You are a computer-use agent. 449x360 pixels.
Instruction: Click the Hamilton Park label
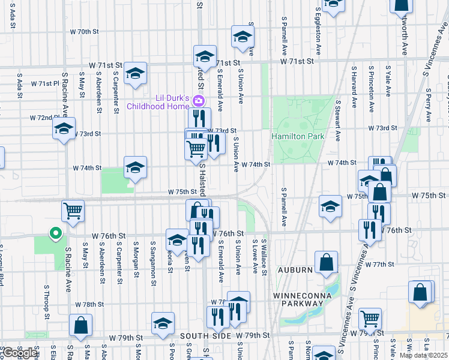[298, 137]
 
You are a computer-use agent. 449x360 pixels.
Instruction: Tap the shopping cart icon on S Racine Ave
[72, 211]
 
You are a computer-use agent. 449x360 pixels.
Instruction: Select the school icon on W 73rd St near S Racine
[64, 128]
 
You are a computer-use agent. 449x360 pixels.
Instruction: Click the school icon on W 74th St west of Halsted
[136, 167]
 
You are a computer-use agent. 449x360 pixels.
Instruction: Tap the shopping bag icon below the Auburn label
[326, 262]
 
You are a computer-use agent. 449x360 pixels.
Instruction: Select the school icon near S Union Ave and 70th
[243, 37]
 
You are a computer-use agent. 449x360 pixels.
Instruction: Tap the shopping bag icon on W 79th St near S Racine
[80, 325]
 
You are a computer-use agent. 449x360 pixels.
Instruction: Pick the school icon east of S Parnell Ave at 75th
[330, 206]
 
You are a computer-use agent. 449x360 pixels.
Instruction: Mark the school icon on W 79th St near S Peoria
[163, 323]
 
